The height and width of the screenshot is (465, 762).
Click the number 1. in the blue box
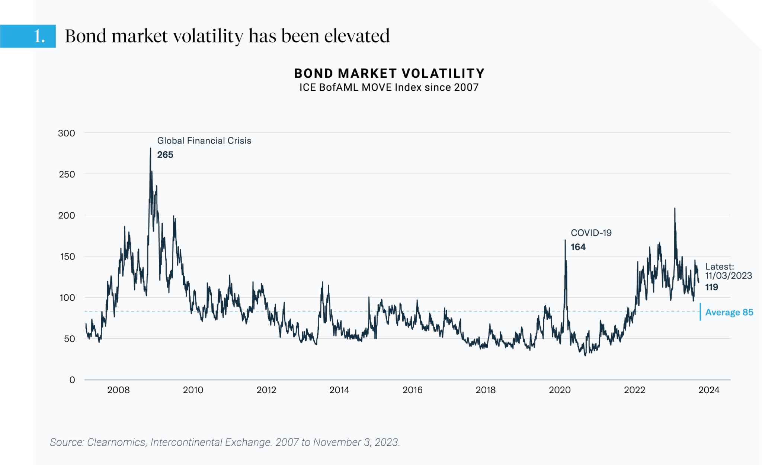point(39,36)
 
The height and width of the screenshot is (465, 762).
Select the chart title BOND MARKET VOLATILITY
point(389,73)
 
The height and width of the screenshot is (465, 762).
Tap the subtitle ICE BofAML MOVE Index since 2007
point(389,87)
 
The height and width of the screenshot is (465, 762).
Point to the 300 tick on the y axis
point(67,133)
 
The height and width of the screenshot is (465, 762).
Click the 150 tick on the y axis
point(67,256)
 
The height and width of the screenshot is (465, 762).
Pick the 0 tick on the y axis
point(72,380)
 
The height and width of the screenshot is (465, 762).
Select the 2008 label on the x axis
point(118,390)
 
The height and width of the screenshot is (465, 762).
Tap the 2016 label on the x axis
point(412,390)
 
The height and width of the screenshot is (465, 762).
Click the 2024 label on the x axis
point(709,390)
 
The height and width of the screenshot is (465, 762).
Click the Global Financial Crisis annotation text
point(204,141)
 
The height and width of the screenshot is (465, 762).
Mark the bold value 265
point(165,155)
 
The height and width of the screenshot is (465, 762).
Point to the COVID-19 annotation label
point(591,233)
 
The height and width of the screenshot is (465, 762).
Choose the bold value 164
point(578,247)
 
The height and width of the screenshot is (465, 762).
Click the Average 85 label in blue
point(729,312)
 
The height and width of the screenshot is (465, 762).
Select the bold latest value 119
point(711,287)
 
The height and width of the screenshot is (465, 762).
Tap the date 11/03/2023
point(729,276)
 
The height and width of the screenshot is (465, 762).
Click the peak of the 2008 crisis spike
point(150,148)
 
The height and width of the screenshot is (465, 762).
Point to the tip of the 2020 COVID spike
point(565,240)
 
